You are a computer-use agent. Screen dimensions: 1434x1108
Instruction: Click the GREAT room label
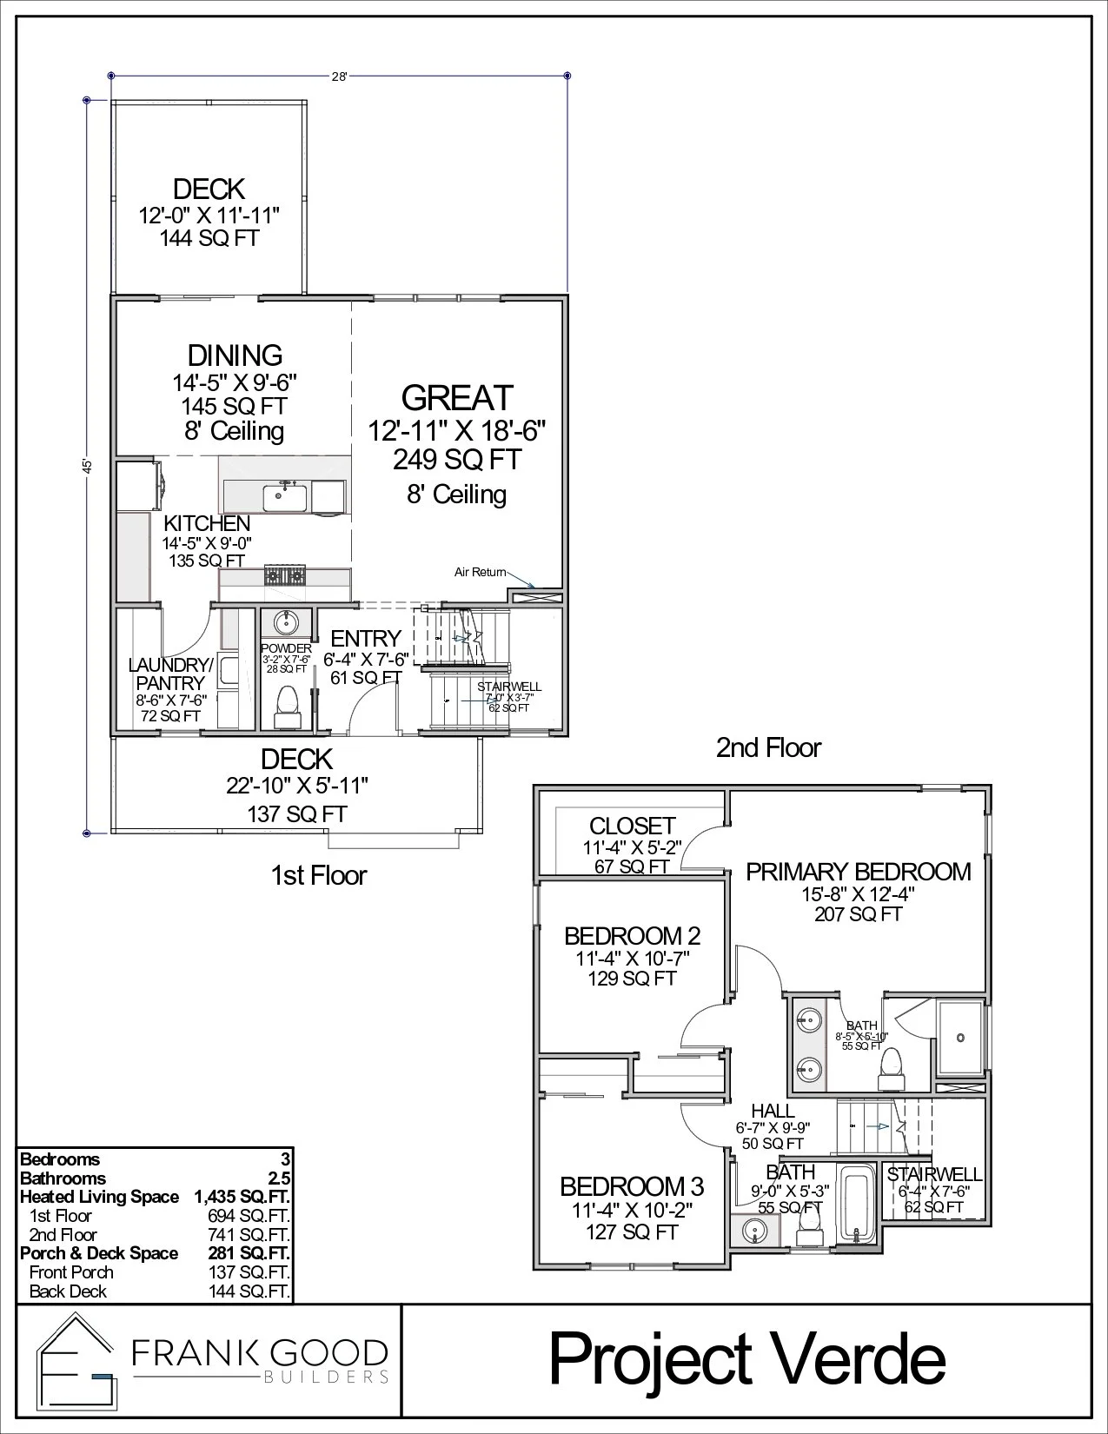457,398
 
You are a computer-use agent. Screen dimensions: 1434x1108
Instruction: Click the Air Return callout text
480,572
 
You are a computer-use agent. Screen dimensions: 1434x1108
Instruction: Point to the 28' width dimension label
339,76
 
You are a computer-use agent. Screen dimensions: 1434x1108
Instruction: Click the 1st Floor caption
319,875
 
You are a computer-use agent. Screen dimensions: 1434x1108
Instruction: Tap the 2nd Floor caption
768,747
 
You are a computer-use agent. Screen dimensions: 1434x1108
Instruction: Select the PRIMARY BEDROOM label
859,872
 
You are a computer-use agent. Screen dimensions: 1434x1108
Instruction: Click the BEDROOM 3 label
632,1186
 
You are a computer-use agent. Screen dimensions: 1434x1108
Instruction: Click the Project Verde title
746,1360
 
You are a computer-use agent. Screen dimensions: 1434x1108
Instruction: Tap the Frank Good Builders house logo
76,1361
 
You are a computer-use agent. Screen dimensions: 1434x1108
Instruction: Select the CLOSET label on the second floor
632,826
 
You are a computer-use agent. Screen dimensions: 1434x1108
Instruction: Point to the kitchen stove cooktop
285,575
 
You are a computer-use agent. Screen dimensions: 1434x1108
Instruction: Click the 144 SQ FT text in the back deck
209,238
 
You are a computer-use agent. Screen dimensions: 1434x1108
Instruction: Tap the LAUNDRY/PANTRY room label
170,674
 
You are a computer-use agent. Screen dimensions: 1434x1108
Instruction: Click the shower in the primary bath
959,1037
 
